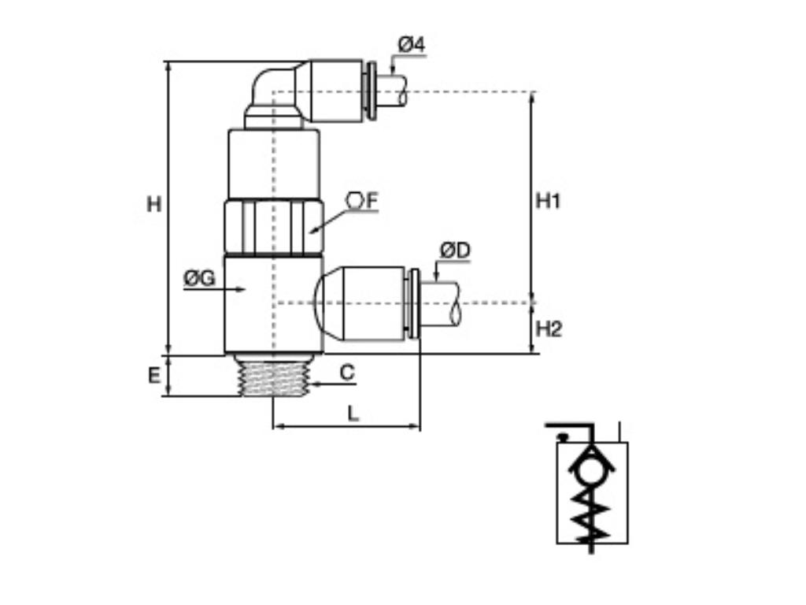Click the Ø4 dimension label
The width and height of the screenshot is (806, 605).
click(x=411, y=45)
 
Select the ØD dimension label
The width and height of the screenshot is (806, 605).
click(x=455, y=251)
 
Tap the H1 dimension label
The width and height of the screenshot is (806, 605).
click(x=548, y=201)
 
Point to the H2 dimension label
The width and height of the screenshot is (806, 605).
click(x=549, y=328)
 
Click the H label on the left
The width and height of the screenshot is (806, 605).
click(x=154, y=205)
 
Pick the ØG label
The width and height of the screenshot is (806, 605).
click(x=199, y=278)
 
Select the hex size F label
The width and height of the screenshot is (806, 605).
click(x=363, y=202)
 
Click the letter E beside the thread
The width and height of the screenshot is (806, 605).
click(x=154, y=377)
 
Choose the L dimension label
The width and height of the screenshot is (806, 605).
click(x=353, y=413)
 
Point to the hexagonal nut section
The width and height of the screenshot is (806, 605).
click(x=272, y=228)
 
